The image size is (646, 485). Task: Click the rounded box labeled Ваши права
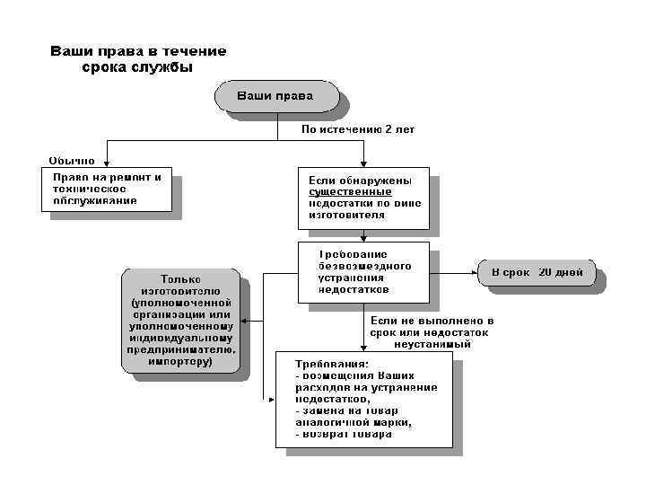[x=275, y=96]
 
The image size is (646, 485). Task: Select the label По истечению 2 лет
[x=357, y=129]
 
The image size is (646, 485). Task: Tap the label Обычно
[x=71, y=161]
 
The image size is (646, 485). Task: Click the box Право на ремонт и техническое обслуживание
[x=106, y=189]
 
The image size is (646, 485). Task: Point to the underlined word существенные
[x=350, y=191]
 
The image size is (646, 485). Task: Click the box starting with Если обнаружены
[x=362, y=198]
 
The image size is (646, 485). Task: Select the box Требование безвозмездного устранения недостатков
[x=362, y=271]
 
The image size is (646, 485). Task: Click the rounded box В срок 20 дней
[x=537, y=271]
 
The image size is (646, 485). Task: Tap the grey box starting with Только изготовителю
[x=181, y=320]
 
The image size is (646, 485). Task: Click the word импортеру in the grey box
[x=180, y=362]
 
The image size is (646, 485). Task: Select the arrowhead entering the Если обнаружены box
[x=362, y=163]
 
